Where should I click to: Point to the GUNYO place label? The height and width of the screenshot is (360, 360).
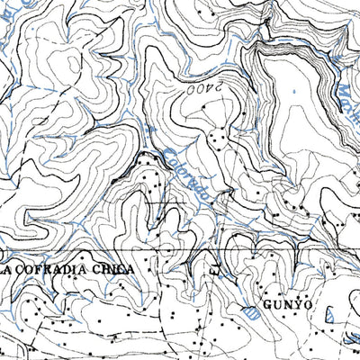(x=288, y=305)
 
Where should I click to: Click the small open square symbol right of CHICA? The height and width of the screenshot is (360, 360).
(x=213, y=269)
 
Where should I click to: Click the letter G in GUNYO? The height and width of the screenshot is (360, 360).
(x=269, y=305)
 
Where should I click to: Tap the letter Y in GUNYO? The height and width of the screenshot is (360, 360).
(x=298, y=305)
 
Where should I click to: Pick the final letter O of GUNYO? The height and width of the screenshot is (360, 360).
(x=308, y=305)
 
